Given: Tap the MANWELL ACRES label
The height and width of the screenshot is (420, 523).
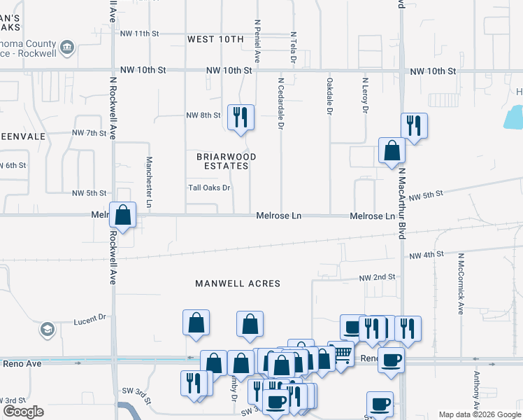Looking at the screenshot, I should pos(238,283).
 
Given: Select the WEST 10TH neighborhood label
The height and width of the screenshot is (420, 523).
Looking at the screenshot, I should pos(215,39).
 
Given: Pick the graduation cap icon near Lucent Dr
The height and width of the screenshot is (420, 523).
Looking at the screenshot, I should pos(47,329).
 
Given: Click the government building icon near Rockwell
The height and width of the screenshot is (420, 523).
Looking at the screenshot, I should pos(66,48).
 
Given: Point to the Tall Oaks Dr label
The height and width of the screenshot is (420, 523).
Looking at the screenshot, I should pos(209,188).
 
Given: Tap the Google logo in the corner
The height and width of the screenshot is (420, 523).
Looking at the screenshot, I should pos(23,412).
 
